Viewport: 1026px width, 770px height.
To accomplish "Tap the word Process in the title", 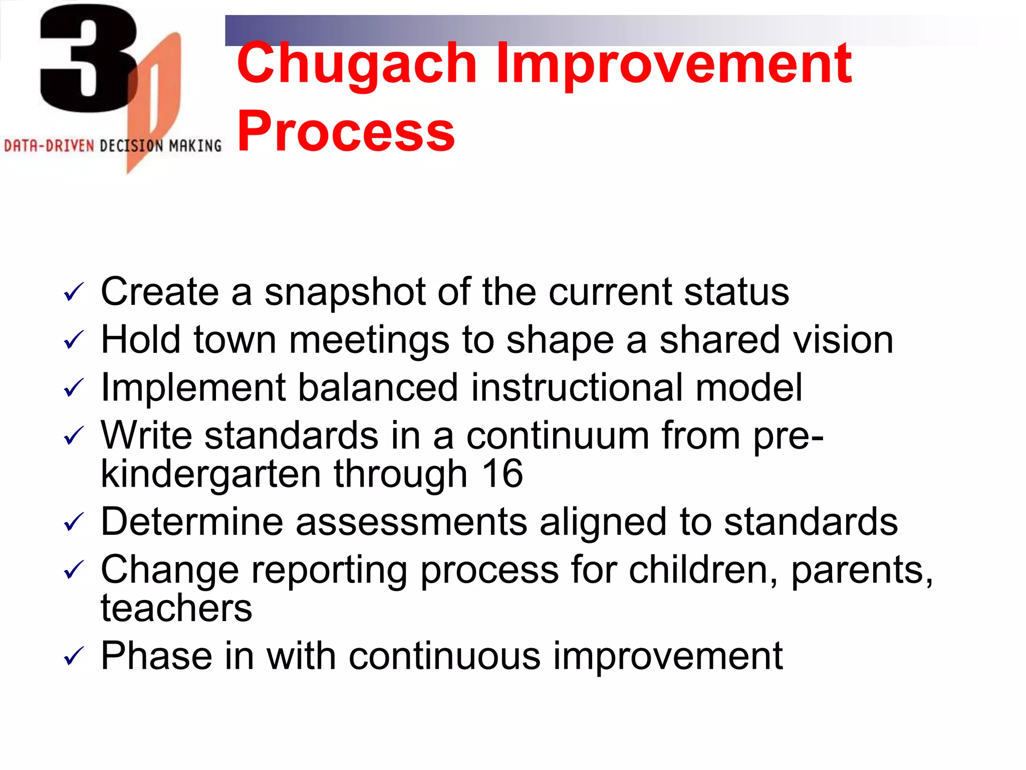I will point(346,132).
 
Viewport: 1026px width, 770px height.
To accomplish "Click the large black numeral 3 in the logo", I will point(88,58).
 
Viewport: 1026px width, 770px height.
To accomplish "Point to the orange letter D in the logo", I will point(155,100).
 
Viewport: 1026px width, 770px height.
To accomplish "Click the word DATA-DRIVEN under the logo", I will point(49,146).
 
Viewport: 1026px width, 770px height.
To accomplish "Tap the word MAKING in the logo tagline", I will point(195,146).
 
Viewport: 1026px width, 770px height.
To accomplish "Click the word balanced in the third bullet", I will point(378,388).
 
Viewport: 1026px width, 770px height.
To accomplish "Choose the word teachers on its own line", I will point(176,609).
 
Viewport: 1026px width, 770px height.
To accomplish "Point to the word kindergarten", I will point(211,475).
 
